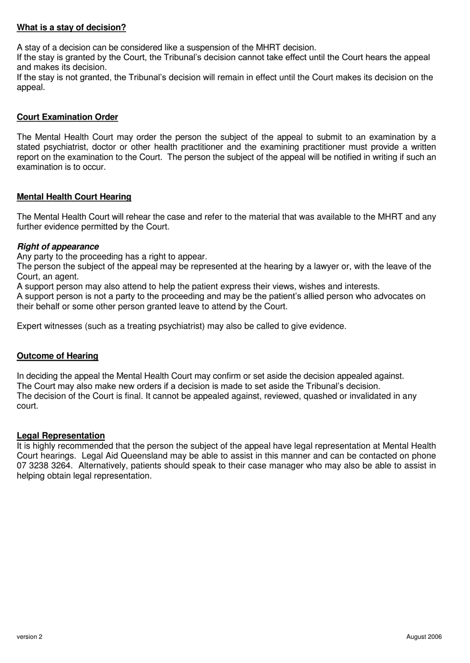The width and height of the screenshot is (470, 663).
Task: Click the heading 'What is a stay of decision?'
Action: coord(71,28)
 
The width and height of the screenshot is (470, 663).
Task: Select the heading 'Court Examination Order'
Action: coord(67,117)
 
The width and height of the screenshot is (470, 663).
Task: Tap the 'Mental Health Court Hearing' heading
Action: coord(74,197)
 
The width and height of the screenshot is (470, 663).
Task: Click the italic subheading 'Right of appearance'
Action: coord(58,247)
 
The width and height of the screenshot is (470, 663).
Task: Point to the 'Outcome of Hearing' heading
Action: coord(57,356)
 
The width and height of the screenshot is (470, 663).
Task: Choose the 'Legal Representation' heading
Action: coord(61,436)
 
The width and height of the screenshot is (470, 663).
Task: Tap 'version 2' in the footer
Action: coord(30,637)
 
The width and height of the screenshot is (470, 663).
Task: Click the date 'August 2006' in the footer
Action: coord(424,637)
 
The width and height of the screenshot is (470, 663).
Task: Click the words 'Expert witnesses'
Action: coord(48,327)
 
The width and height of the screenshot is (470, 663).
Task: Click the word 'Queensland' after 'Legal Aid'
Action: coord(144,456)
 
